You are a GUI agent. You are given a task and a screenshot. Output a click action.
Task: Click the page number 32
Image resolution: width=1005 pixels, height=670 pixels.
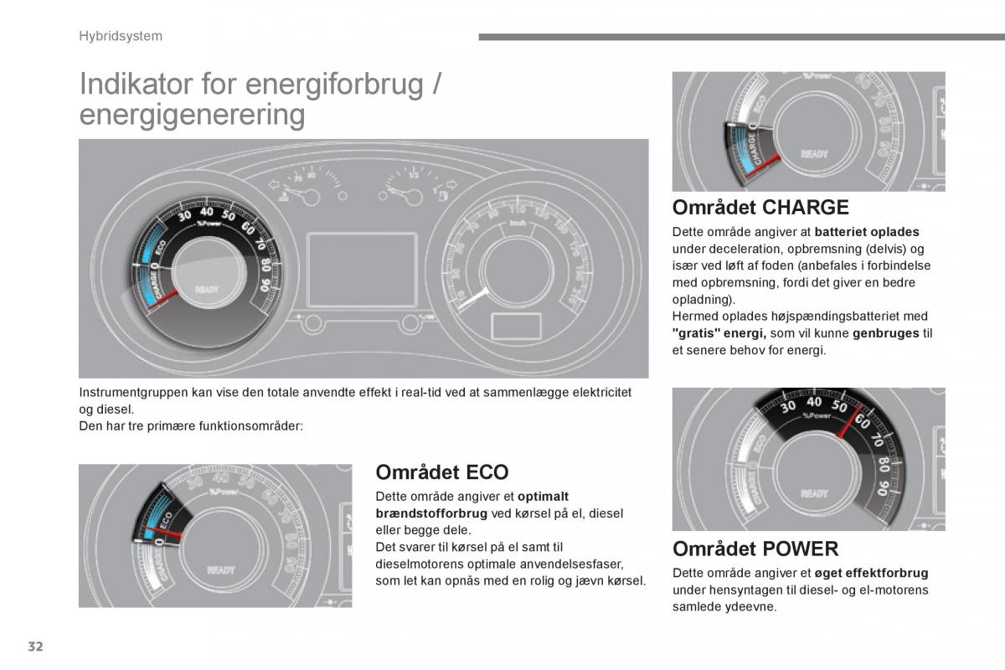tap(34, 646)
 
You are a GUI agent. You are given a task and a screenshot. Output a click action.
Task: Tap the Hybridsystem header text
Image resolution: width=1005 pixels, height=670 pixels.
tap(121, 36)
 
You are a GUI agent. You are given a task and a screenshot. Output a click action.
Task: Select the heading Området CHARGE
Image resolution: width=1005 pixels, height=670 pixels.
tap(760, 207)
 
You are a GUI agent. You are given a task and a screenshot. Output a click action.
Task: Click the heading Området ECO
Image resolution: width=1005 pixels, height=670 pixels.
tap(442, 472)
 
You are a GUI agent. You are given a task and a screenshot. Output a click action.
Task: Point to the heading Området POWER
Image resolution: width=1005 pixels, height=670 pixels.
tap(755, 549)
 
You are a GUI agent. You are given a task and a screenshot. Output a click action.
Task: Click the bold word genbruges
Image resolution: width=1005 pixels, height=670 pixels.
tap(885, 333)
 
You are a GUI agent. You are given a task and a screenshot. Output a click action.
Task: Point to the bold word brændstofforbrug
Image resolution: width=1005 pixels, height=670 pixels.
tap(431, 513)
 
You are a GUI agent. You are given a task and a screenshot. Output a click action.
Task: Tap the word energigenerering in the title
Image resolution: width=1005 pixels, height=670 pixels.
tap(192, 115)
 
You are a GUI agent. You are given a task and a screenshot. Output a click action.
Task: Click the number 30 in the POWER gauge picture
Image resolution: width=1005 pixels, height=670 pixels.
tap(788, 406)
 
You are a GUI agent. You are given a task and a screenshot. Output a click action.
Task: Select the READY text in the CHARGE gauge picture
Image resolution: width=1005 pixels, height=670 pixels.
tap(815, 154)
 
